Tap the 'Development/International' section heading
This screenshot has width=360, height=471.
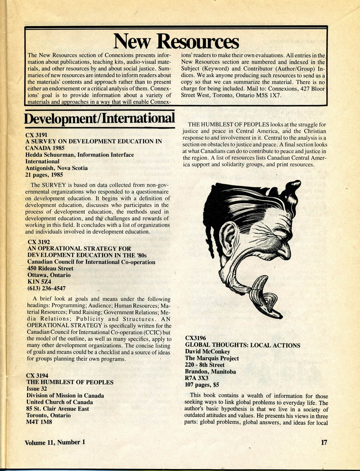point(99,118)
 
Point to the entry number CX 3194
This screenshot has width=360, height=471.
point(37,375)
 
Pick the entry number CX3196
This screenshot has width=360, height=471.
point(195,338)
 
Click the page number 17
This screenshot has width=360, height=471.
point(324,442)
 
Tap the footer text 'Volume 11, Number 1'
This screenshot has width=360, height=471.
point(55,442)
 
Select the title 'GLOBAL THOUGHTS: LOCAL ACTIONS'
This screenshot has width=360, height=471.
point(243,345)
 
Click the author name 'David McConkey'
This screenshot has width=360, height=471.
point(207,352)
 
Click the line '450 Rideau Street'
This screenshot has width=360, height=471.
point(50,268)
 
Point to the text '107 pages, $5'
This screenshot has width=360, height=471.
point(202,385)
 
